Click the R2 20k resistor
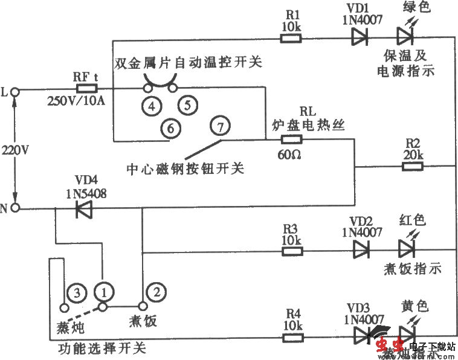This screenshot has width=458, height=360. [413, 166]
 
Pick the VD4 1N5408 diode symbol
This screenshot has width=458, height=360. [82, 209]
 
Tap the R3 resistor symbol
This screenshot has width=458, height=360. [291, 248]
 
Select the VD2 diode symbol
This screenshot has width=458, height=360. [361, 248]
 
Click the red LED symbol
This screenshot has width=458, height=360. [404, 248]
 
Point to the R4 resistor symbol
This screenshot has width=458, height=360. [291, 333]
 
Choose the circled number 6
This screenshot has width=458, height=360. [170, 127]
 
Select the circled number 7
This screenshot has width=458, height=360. [220, 127]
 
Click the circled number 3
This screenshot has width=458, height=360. [75, 292]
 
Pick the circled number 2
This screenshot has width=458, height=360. [156, 292]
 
